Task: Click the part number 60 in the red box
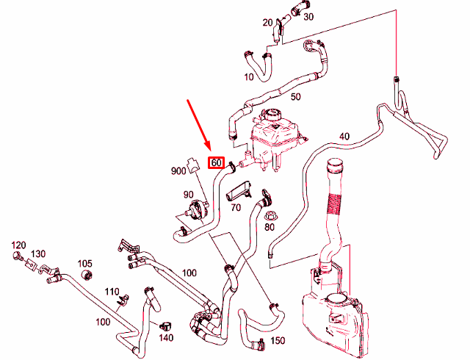[x=216, y=163]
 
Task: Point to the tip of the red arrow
[x=211, y=150]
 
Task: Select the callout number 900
[x=178, y=171]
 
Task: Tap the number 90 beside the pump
[x=188, y=195]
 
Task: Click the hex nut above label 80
[x=270, y=215]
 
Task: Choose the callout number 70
[x=236, y=207]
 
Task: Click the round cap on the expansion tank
[x=272, y=115]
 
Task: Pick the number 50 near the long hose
[x=295, y=96]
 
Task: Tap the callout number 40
[x=344, y=136]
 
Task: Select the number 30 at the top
[x=308, y=16]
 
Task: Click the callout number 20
[x=267, y=23]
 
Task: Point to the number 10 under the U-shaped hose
[x=249, y=77]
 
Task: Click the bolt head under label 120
[x=17, y=256]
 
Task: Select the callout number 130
[x=38, y=253]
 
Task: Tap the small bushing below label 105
[x=87, y=275]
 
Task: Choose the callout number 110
[x=112, y=291]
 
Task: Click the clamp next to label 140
[x=164, y=325]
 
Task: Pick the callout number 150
[x=278, y=341]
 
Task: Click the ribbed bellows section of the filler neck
[x=333, y=204]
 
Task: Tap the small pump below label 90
[x=196, y=209]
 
